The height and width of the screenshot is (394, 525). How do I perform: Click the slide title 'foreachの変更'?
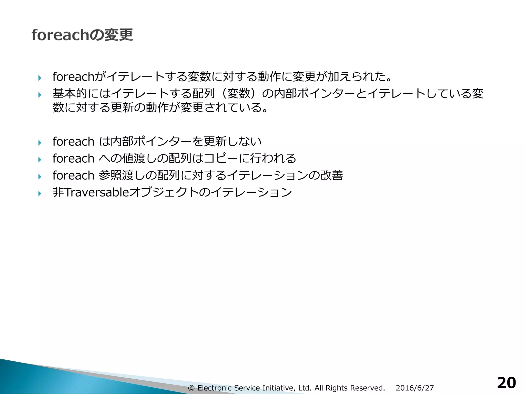click(82, 35)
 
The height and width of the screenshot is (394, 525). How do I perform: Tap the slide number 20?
click(506, 383)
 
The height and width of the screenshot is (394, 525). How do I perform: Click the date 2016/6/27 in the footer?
click(415, 388)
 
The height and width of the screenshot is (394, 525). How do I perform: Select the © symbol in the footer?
click(191, 388)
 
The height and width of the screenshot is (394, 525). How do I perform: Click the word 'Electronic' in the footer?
click(215, 388)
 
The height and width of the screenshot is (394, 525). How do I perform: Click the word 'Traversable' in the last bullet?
click(96, 192)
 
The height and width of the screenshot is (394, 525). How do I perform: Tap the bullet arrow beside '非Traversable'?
click(39, 193)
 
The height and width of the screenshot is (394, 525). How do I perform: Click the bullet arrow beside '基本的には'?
click(39, 95)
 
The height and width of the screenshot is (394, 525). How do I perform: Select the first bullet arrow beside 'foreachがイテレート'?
click(39, 78)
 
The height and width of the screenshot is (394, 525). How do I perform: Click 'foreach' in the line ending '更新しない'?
click(73, 141)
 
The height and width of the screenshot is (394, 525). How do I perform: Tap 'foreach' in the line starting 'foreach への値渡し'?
click(73, 158)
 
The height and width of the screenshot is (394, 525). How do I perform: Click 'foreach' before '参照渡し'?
click(73, 175)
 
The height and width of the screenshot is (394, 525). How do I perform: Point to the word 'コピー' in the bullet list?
click(221, 158)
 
